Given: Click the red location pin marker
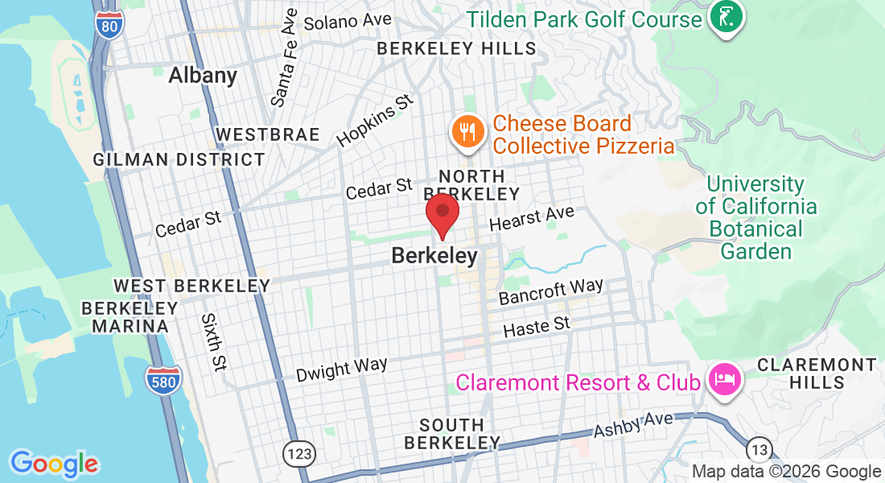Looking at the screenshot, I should (x=442, y=214).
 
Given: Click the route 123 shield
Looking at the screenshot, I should (x=299, y=454).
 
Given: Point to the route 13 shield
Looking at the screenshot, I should (x=759, y=449).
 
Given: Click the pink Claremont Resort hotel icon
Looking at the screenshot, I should (x=721, y=380).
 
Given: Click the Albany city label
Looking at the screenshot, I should (x=203, y=76).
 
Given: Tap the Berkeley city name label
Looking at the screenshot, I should (x=434, y=256).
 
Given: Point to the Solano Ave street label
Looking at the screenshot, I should (x=348, y=20).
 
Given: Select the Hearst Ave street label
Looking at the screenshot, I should (x=532, y=217).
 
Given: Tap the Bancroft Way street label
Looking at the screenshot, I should (x=550, y=291).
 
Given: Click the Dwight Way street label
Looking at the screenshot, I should (x=341, y=369).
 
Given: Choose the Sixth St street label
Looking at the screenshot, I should (x=213, y=342).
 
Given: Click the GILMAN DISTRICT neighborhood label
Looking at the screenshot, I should (x=179, y=159).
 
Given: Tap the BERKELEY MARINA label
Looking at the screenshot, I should (x=130, y=317).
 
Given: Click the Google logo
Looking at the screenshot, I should (x=54, y=464).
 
